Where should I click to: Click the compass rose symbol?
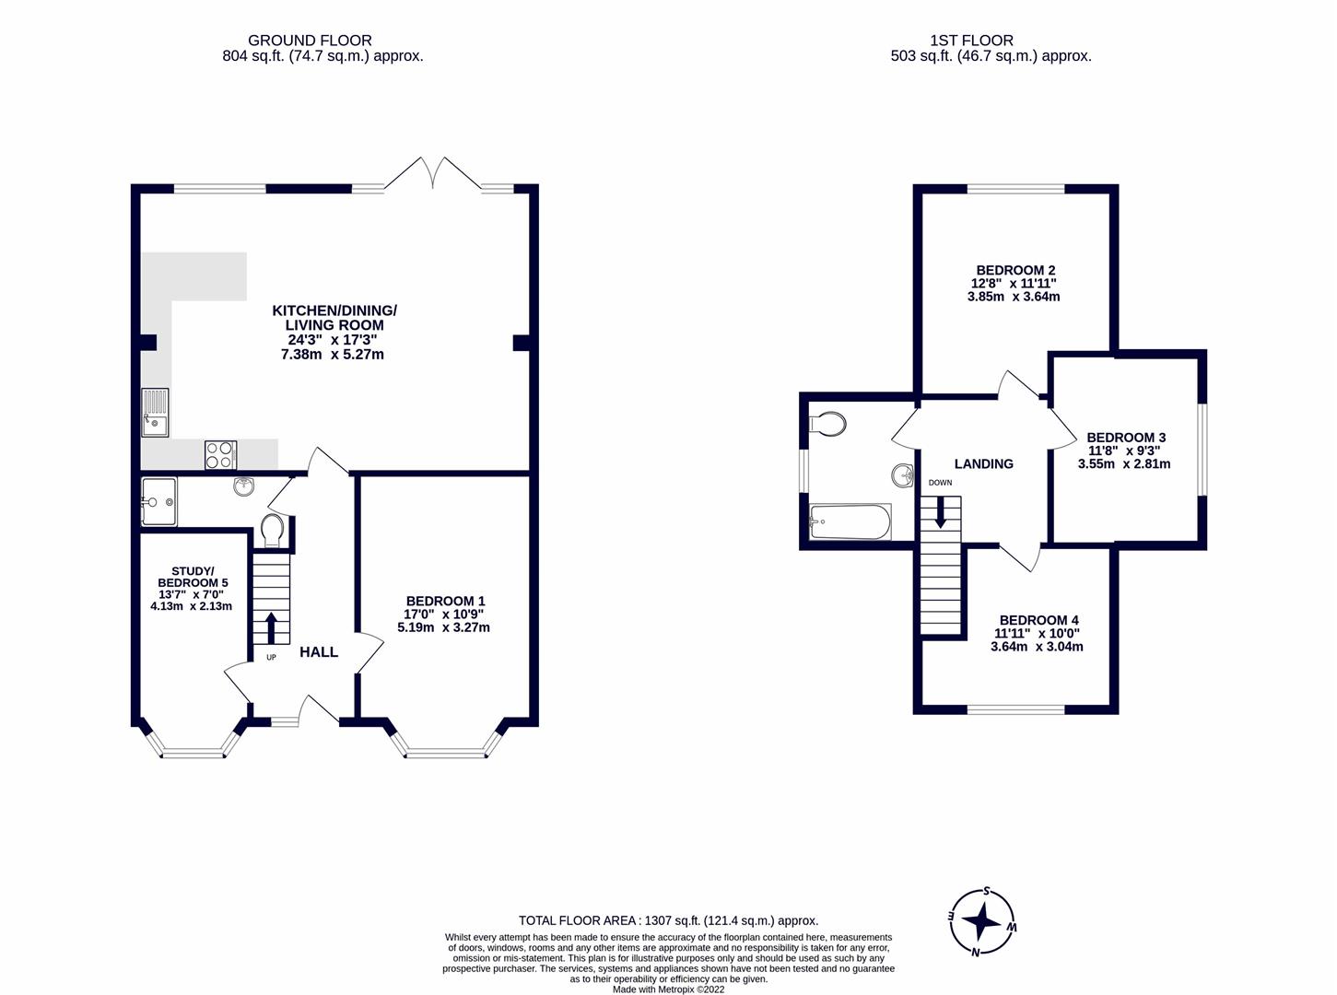984,921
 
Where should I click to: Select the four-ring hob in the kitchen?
220,455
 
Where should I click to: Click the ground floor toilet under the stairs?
273,532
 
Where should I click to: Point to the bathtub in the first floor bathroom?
850,522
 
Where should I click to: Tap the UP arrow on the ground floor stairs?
271,629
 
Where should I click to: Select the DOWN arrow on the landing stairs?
940,511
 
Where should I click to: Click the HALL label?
319,652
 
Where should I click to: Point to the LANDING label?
983,464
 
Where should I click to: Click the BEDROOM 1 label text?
445,601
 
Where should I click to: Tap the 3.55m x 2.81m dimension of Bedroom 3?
1124,464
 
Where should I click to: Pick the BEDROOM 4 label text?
1038,620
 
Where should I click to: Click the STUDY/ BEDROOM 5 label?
193,577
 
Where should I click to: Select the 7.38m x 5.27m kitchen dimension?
333,354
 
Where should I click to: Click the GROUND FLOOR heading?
310,41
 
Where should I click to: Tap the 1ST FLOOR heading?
971,41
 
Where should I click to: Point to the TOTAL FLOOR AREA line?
668,920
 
